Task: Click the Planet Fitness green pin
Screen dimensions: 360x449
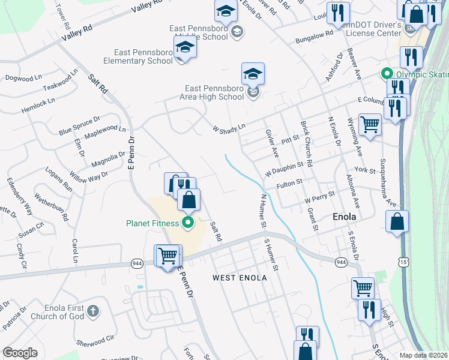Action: (188, 223)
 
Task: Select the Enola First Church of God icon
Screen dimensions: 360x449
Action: (92, 311)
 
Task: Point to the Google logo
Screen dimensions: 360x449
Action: (20, 353)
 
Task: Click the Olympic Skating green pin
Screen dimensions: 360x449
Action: (385, 74)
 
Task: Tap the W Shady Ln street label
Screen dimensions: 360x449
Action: (229, 128)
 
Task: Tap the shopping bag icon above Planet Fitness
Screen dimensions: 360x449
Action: (188, 200)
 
